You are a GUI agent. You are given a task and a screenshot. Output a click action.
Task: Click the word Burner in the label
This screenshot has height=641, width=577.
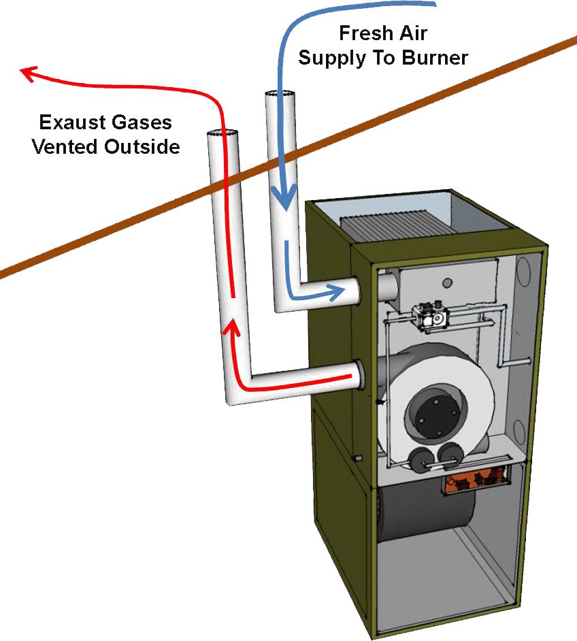tap(433, 58)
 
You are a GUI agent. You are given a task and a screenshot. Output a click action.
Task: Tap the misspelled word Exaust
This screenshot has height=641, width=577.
tap(68, 122)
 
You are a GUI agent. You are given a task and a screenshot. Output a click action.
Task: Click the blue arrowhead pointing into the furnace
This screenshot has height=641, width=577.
tap(335, 293)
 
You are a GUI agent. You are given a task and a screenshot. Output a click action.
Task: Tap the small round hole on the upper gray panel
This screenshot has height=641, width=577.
tap(446, 282)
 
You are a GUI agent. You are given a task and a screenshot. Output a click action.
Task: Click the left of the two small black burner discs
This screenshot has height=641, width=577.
tap(423, 455)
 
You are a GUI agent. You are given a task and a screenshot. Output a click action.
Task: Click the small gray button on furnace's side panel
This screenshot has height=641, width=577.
tap(355, 459)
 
